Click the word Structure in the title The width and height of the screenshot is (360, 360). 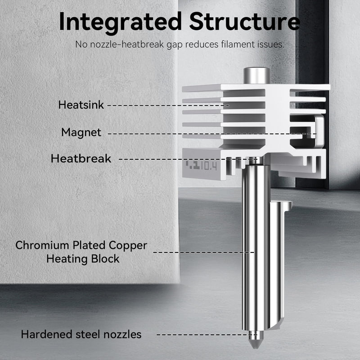(244, 21)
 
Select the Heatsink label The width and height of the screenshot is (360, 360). (81, 105)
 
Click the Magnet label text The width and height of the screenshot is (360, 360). (81, 132)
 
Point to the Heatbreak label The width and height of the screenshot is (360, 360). (81, 158)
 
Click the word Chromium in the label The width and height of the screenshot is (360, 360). (42, 245)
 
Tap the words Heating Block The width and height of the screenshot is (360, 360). (83, 259)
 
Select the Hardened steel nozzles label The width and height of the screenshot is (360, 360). (81, 334)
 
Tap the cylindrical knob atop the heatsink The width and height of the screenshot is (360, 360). (257, 76)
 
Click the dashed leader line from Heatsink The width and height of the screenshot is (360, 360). (168, 106)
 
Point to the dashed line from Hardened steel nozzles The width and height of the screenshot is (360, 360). (207, 334)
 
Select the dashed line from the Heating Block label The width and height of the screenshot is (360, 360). (204, 252)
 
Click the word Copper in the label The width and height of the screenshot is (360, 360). (128, 246)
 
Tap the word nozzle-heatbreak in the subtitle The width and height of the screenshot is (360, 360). (127, 44)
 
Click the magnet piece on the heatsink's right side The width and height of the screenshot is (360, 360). (319, 131)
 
